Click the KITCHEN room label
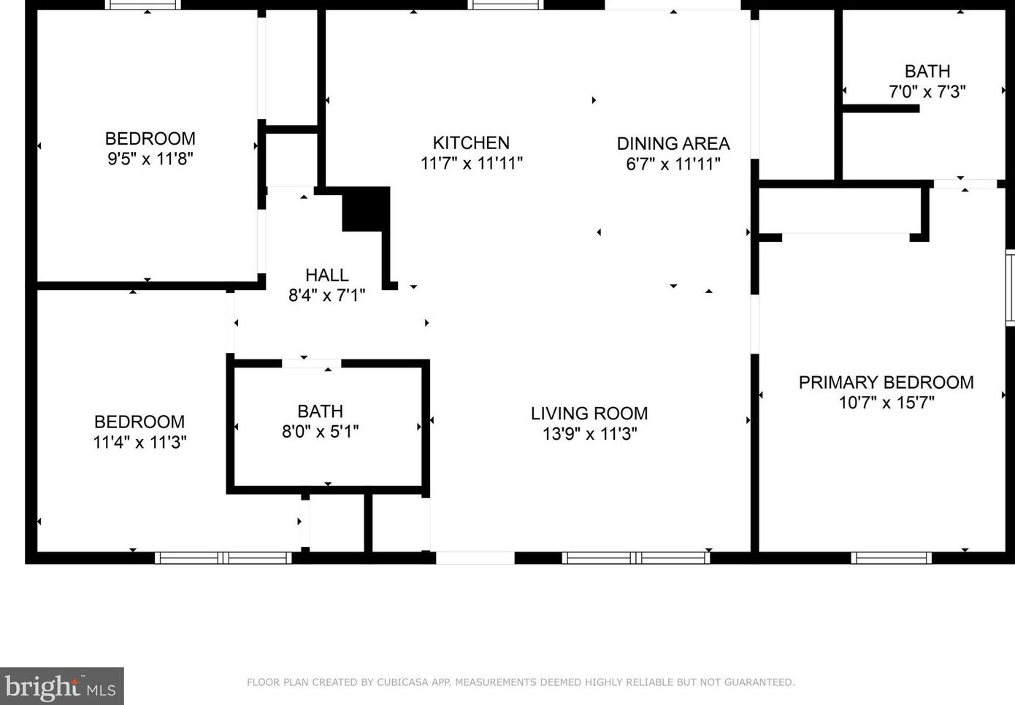(x=471, y=142)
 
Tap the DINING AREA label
(x=673, y=144)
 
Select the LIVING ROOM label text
(x=589, y=414)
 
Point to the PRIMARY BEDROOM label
(x=886, y=382)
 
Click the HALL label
(x=326, y=275)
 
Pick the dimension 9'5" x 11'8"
(x=150, y=159)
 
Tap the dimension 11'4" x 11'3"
(x=139, y=442)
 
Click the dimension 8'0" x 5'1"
(x=320, y=431)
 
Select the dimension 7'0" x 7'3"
(x=927, y=92)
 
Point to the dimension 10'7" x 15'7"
(x=886, y=403)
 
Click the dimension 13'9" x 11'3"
(x=589, y=434)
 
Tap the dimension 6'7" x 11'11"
(x=673, y=164)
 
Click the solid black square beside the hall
(x=366, y=209)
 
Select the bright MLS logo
(x=61, y=686)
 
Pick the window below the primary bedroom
(x=892, y=557)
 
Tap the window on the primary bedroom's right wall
(x=1010, y=287)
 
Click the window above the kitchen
(x=506, y=5)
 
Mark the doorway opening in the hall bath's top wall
(x=311, y=364)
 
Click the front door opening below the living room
(x=475, y=557)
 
